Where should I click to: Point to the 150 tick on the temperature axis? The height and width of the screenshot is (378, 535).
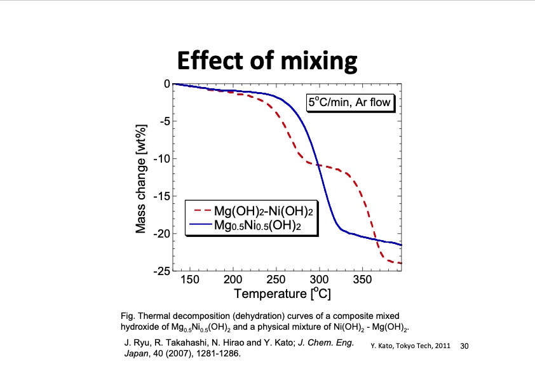(x=190, y=280)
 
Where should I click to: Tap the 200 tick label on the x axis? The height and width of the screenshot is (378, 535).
(x=233, y=280)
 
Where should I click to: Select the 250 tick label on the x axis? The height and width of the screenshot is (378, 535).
(x=276, y=280)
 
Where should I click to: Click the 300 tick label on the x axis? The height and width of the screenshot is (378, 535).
(x=320, y=280)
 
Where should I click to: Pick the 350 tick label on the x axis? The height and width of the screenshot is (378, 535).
(x=362, y=280)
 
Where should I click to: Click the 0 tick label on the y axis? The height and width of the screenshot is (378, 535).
(x=166, y=84)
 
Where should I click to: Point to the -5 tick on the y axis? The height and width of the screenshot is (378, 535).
(x=163, y=121)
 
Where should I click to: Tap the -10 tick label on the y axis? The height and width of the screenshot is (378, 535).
(x=161, y=159)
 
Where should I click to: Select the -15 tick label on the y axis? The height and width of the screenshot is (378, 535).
(x=161, y=196)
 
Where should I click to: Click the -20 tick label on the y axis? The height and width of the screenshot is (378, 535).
(x=161, y=234)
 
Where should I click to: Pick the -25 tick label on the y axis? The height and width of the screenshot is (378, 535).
(x=161, y=271)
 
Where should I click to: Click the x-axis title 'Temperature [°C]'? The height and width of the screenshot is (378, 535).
(x=283, y=294)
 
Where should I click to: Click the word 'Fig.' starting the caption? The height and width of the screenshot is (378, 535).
(x=127, y=316)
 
